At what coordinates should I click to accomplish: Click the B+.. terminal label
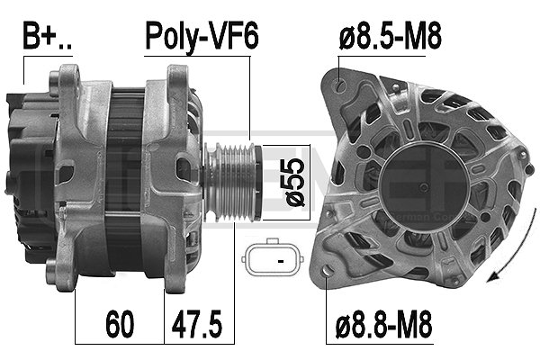coord(47,35)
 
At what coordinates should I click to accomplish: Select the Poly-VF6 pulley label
coord(202,36)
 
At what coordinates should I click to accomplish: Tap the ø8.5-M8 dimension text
coord(391,35)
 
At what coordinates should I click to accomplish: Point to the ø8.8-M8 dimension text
coord(384,324)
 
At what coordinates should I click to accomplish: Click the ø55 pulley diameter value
coord(293,182)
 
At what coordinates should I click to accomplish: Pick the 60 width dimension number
coord(120,324)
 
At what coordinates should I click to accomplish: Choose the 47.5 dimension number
coord(197,324)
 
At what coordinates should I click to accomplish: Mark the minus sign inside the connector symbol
coord(281,262)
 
